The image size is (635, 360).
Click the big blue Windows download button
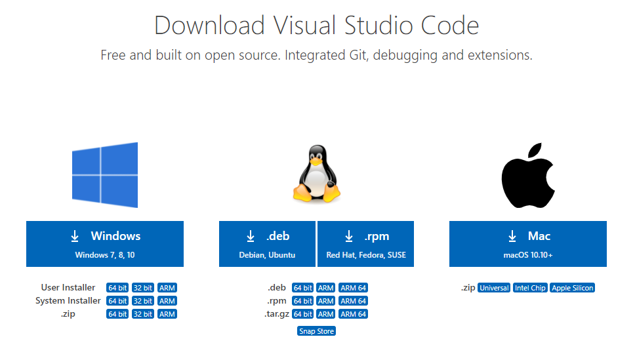(105, 244)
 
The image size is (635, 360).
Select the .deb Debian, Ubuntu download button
(267, 244)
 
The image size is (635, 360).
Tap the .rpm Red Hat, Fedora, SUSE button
(366, 244)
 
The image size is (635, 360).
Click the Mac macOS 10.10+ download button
(528, 244)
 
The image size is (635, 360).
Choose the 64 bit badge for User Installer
(117, 288)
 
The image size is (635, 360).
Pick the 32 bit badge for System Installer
(143, 301)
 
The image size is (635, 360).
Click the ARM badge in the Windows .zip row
(167, 314)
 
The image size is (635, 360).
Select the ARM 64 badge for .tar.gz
(354, 314)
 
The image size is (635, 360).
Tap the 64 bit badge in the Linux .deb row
(302, 288)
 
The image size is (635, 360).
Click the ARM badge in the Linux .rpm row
(326, 301)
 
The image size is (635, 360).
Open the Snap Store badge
(317, 331)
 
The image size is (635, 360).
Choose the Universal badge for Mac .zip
(494, 288)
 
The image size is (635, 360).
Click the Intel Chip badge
(530, 288)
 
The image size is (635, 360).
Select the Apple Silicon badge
(573, 288)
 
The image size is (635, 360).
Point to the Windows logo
(105, 174)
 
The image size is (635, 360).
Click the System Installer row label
(68, 301)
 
